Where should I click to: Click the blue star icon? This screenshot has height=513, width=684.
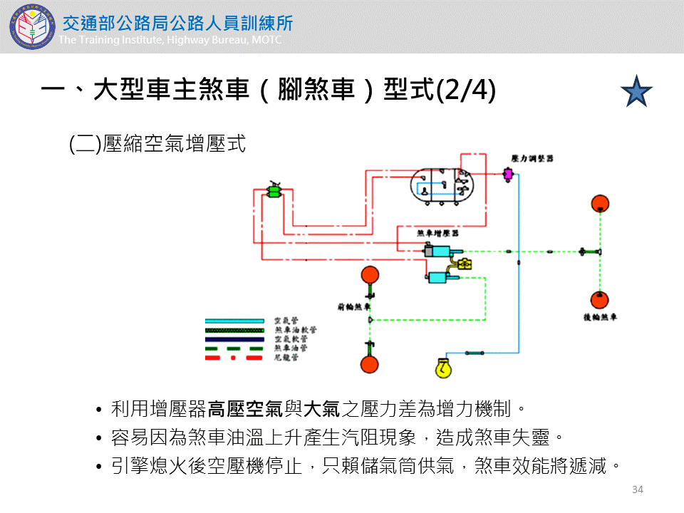(x=636, y=91)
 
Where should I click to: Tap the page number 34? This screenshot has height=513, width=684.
(x=638, y=489)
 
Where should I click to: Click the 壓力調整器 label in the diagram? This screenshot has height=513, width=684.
(x=532, y=157)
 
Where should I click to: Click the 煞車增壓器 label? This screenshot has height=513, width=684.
(x=437, y=233)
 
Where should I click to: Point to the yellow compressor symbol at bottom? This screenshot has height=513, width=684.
(x=444, y=368)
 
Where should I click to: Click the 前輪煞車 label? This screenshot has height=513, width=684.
(x=353, y=308)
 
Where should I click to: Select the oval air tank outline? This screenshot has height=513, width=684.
(x=442, y=186)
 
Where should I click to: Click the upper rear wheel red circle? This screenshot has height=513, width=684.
(x=600, y=203)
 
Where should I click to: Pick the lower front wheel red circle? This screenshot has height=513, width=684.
(x=369, y=364)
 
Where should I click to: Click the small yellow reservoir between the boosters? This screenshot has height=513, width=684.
(x=464, y=264)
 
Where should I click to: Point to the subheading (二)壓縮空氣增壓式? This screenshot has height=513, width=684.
(x=157, y=144)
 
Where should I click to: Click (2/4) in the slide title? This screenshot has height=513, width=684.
(x=465, y=91)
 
